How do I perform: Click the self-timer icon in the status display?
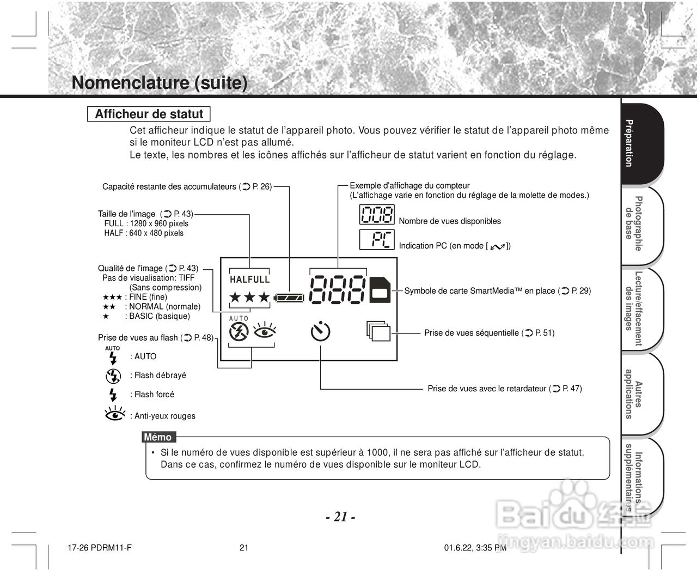coord(321,331)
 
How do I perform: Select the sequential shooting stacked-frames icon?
coord(378,331)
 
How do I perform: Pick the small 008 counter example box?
coord(377,215)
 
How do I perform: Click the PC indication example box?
coord(377,240)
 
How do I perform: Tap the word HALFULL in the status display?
coord(250,279)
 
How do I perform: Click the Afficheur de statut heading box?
coord(149,114)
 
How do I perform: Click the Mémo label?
coord(158,437)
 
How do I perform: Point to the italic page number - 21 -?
coord(340,517)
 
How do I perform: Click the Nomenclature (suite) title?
coord(160,83)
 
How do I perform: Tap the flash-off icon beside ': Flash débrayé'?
coord(113,376)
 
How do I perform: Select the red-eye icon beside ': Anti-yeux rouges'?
coord(114,414)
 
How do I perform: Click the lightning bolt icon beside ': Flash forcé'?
coord(113,394)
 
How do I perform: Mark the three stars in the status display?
coord(249,298)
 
